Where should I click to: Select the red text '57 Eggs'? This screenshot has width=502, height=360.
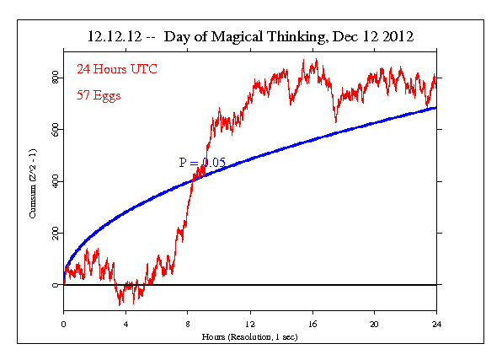pos(99,95)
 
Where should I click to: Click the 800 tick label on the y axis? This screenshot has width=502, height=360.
pos(53,78)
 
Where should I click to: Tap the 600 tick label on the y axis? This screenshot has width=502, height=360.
pos(53,130)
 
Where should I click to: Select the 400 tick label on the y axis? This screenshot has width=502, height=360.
pos(53,181)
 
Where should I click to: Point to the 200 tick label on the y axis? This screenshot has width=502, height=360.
pos(53,234)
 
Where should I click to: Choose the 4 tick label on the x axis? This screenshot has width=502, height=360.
pos(125,324)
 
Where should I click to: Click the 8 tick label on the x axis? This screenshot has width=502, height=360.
pos(188,324)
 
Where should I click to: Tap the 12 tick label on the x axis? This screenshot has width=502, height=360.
pos(250,324)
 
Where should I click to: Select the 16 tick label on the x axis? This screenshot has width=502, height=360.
pos(312,324)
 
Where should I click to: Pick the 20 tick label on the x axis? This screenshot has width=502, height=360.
pos(375,324)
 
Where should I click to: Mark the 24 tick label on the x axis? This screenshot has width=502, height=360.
pos(436,324)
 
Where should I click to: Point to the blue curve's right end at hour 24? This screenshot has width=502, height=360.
pos(435,107)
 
